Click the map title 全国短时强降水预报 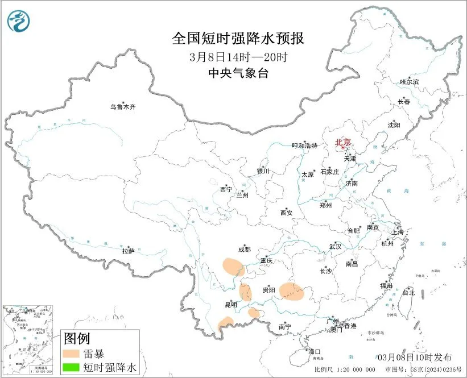point(238,38)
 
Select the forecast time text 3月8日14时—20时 point(238,57)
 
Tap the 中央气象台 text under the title point(238,73)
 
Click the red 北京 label point(342,142)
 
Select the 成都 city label point(243,249)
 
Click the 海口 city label point(315,351)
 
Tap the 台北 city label point(408,293)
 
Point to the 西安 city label point(286,213)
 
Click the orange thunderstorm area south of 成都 point(232,266)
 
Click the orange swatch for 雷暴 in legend point(72,354)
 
